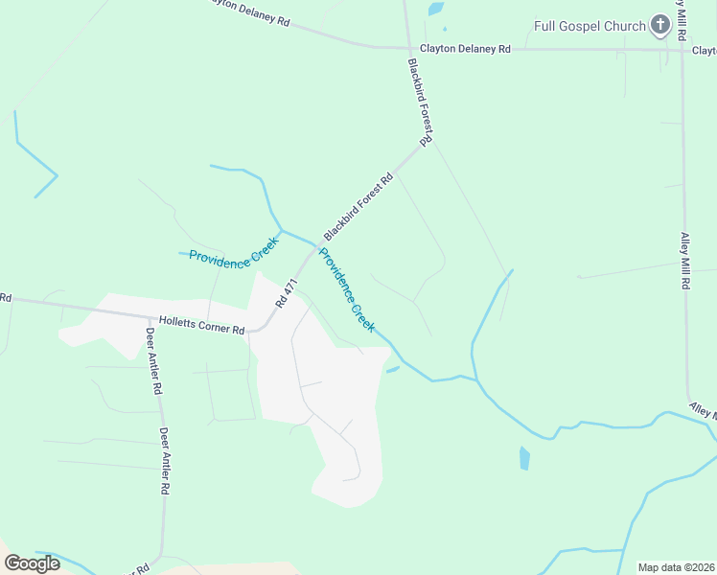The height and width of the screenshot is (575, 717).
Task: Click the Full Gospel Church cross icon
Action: point(659,26)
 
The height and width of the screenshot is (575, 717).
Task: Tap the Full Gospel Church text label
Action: point(590,26)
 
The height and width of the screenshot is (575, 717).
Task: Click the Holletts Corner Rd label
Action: point(202,327)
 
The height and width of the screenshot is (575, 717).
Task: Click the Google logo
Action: point(32,563)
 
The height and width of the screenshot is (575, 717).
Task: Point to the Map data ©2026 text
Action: point(676,567)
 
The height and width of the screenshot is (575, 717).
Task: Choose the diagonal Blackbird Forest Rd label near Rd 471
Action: point(358,207)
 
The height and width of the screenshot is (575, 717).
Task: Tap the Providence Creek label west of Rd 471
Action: point(232,257)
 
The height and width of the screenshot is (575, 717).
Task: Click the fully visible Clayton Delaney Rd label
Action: point(465,47)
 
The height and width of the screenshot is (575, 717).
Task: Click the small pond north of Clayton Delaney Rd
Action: point(436,11)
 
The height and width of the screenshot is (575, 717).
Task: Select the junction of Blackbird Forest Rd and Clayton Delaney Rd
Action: point(407,47)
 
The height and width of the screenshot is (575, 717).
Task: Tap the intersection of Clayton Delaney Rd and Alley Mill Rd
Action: point(682,50)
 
